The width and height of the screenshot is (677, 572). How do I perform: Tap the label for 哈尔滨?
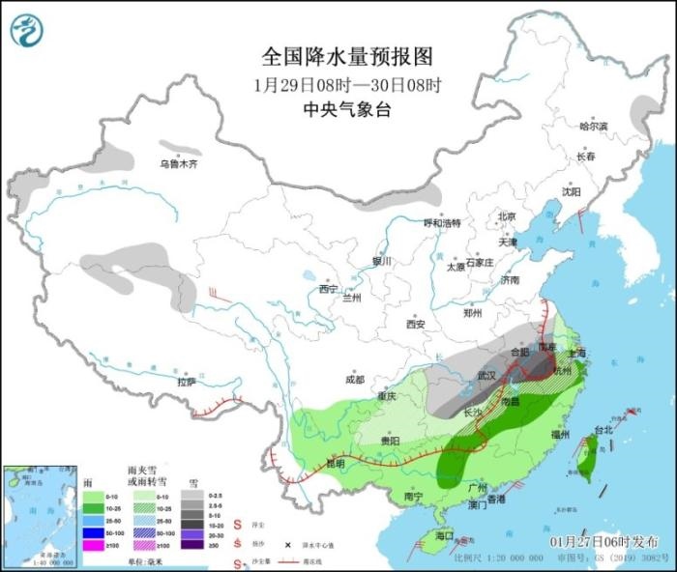pyautogui.click(x=593, y=127)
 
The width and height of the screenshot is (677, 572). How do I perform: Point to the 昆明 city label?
pyautogui.click(x=335, y=463)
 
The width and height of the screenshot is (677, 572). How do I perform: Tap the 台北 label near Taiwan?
pyautogui.click(x=603, y=429)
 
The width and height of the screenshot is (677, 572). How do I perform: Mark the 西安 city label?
pyautogui.click(x=416, y=325)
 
